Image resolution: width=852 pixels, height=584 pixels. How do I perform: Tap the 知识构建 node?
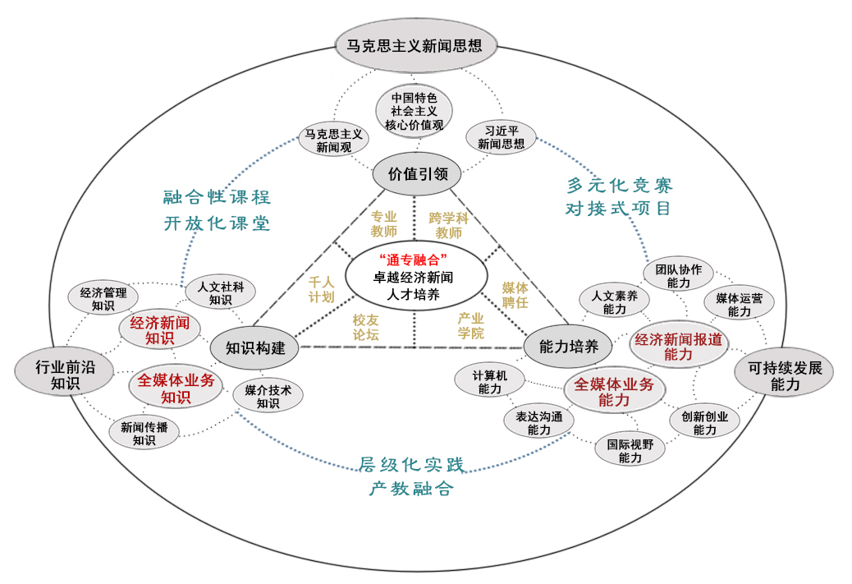coord(255,347)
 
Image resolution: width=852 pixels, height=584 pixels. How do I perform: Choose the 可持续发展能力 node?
coord(784,375)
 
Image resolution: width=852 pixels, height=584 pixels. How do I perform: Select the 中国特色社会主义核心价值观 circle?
coord(415,111)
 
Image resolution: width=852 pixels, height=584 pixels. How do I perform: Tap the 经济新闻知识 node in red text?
coord(160,329)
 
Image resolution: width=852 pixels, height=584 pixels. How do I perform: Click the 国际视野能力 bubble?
coord(630,450)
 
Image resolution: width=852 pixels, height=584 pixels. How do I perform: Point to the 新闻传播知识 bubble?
coord(144,433)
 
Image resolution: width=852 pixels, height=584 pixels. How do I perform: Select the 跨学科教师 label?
coord(448,225)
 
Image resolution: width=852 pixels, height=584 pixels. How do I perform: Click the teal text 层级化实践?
coord(412,466)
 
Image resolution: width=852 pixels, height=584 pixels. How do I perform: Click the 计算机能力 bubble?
coord(490,381)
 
